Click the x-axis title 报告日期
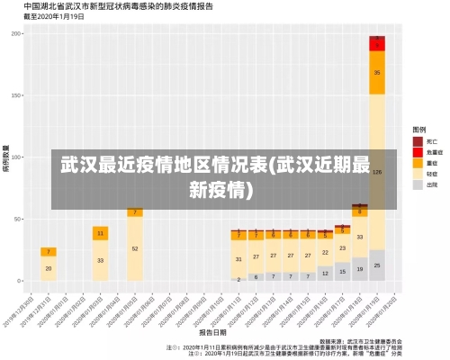(213, 330)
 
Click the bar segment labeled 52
(135, 248)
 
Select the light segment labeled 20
(49, 268)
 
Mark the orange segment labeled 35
(377, 72)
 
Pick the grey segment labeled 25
(377, 265)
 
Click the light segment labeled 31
(238, 259)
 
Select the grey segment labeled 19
(360, 269)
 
